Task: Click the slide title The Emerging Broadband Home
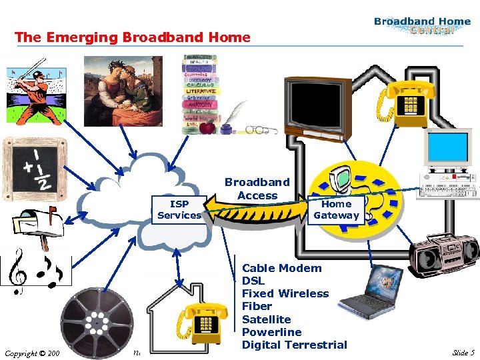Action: coord(133,37)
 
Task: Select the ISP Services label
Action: coord(179,209)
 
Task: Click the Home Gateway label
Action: coord(336,209)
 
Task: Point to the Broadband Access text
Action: coord(257,189)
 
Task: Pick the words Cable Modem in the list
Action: coord(281,268)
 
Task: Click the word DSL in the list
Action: coord(253,281)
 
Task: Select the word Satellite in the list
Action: coord(266,319)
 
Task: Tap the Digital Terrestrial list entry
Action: coord(294,345)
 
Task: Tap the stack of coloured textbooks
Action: coord(201,93)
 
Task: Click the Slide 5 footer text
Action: coord(463,352)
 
